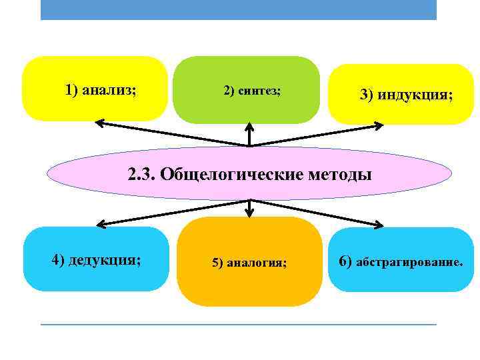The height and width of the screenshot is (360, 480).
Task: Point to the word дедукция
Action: [x=111, y=259]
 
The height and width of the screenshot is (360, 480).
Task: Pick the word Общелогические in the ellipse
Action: [x=233, y=175]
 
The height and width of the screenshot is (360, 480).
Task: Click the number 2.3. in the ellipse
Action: [x=141, y=175]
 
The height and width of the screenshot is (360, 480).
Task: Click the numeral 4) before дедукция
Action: [x=59, y=259]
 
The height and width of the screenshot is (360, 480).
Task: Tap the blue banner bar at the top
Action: [x=239, y=9]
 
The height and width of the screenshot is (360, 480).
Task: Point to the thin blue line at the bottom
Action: [x=239, y=325]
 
